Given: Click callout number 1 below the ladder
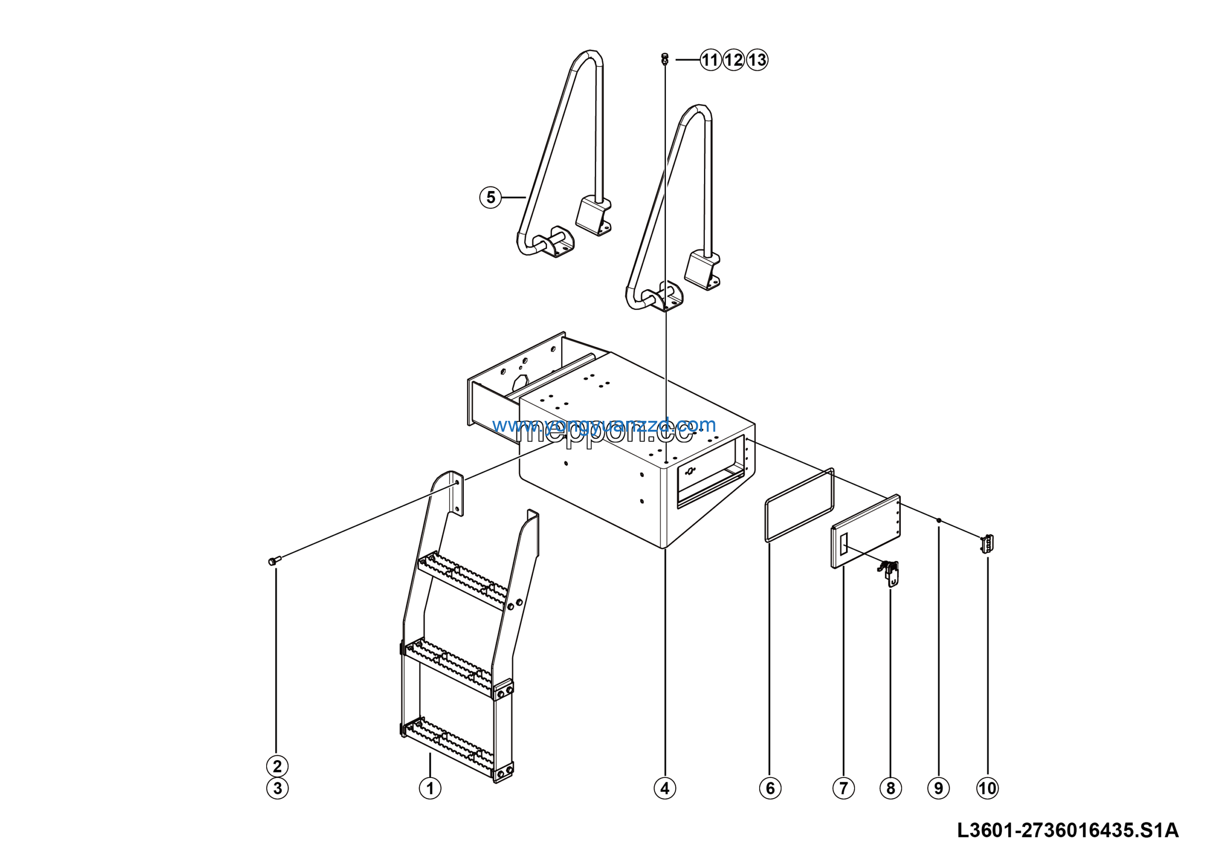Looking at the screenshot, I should [x=430, y=788].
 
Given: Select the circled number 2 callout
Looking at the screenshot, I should [x=277, y=766].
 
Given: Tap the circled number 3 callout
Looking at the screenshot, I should [x=277, y=788].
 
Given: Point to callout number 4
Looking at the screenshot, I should [x=664, y=788].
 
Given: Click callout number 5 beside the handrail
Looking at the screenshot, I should [x=490, y=198].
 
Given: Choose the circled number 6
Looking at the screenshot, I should [x=770, y=788].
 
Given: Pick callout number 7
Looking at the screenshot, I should [x=843, y=788].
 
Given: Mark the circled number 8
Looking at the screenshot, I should [x=890, y=788].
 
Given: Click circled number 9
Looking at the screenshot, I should [x=938, y=788].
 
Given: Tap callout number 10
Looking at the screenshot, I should [x=987, y=788].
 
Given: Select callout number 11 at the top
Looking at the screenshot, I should [x=710, y=60].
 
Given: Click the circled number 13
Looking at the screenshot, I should [x=757, y=60].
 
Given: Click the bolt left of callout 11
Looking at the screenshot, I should [x=664, y=58].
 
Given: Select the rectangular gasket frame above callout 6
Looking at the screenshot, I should [x=799, y=504].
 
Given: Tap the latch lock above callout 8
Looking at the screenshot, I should [x=889, y=572].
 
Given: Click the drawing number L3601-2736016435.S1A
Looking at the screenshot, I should [x=1067, y=831].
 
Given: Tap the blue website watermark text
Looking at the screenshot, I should [x=604, y=425].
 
